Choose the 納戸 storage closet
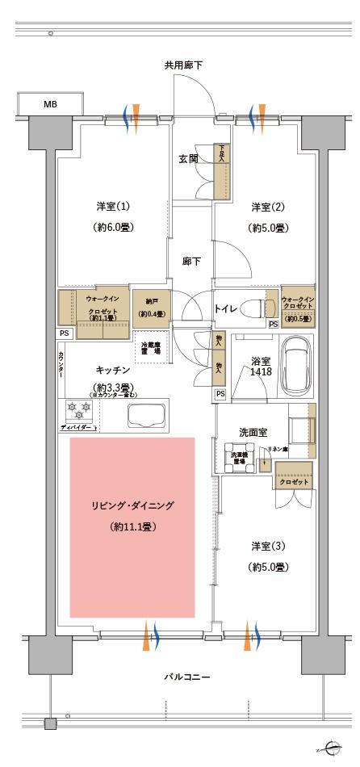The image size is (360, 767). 151,308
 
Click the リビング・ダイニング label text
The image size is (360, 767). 132,506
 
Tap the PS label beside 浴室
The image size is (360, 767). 220,394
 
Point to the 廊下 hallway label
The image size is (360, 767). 191,261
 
